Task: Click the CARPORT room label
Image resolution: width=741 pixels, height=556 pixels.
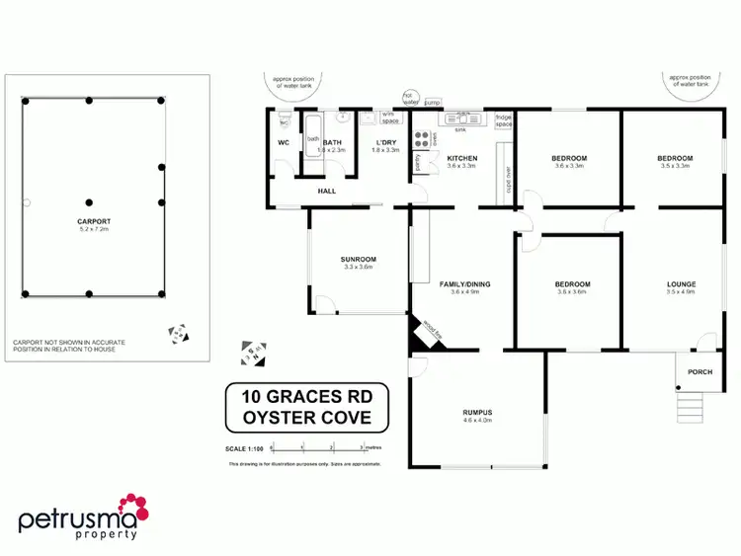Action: [x=93, y=221]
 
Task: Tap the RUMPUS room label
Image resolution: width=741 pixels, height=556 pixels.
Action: [x=477, y=413]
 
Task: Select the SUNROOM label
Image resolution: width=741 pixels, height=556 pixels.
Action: [x=360, y=260]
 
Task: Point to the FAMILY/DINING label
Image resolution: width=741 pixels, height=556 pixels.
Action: [x=470, y=284]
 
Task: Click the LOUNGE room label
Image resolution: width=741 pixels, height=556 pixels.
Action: [x=681, y=284]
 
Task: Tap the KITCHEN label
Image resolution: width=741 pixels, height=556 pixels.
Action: [x=461, y=158]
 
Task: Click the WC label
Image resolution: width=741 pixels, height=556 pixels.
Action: [x=283, y=143]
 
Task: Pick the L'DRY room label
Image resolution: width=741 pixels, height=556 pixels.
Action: [x=386, y=142]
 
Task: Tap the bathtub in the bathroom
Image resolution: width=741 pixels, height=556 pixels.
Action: [x=313, y=139]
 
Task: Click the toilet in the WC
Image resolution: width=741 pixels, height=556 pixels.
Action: [x=285, y=119]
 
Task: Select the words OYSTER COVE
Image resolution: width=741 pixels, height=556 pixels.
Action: [x=307, y=418]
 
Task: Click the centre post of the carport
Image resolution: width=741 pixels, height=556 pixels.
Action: [x=89, y=201]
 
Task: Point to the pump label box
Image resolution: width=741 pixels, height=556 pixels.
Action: [x=432, y=101]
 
